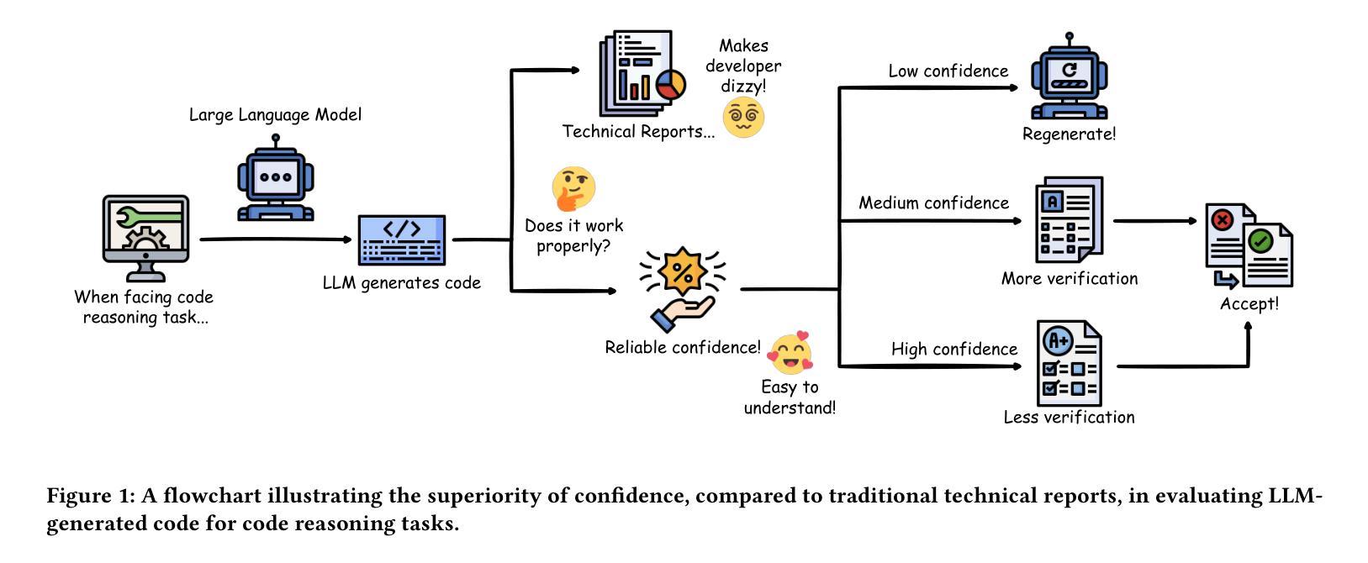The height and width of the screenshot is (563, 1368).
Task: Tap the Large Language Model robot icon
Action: click(276, 181)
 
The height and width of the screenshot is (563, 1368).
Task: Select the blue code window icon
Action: click(401, 239)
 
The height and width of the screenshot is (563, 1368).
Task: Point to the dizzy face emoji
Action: click(743, 117)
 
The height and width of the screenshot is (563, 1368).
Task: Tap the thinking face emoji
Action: click(573, 188)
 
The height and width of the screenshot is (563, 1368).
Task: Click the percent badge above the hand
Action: click(683, 271)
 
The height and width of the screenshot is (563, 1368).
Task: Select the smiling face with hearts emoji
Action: click(790, 353)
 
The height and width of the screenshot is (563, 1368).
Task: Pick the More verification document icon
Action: click(1068, 220)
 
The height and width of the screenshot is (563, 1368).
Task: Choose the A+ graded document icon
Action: click(1069, 364)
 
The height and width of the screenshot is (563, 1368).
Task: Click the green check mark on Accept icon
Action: click(1260, 242)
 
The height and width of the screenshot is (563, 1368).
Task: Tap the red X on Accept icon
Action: click(1222, 220)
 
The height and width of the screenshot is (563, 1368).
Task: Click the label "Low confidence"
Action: click(948, 71)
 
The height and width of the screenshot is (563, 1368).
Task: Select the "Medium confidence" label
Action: click(933, 203)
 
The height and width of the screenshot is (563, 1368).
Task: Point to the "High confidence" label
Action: click(953, 349)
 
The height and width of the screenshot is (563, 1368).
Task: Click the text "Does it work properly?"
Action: click(573, 236)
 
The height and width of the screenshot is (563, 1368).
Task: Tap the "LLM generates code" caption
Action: click(401, 283)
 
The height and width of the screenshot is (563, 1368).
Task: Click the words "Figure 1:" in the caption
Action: click(90, 496)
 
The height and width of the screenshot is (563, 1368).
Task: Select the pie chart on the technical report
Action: click(670, 84)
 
